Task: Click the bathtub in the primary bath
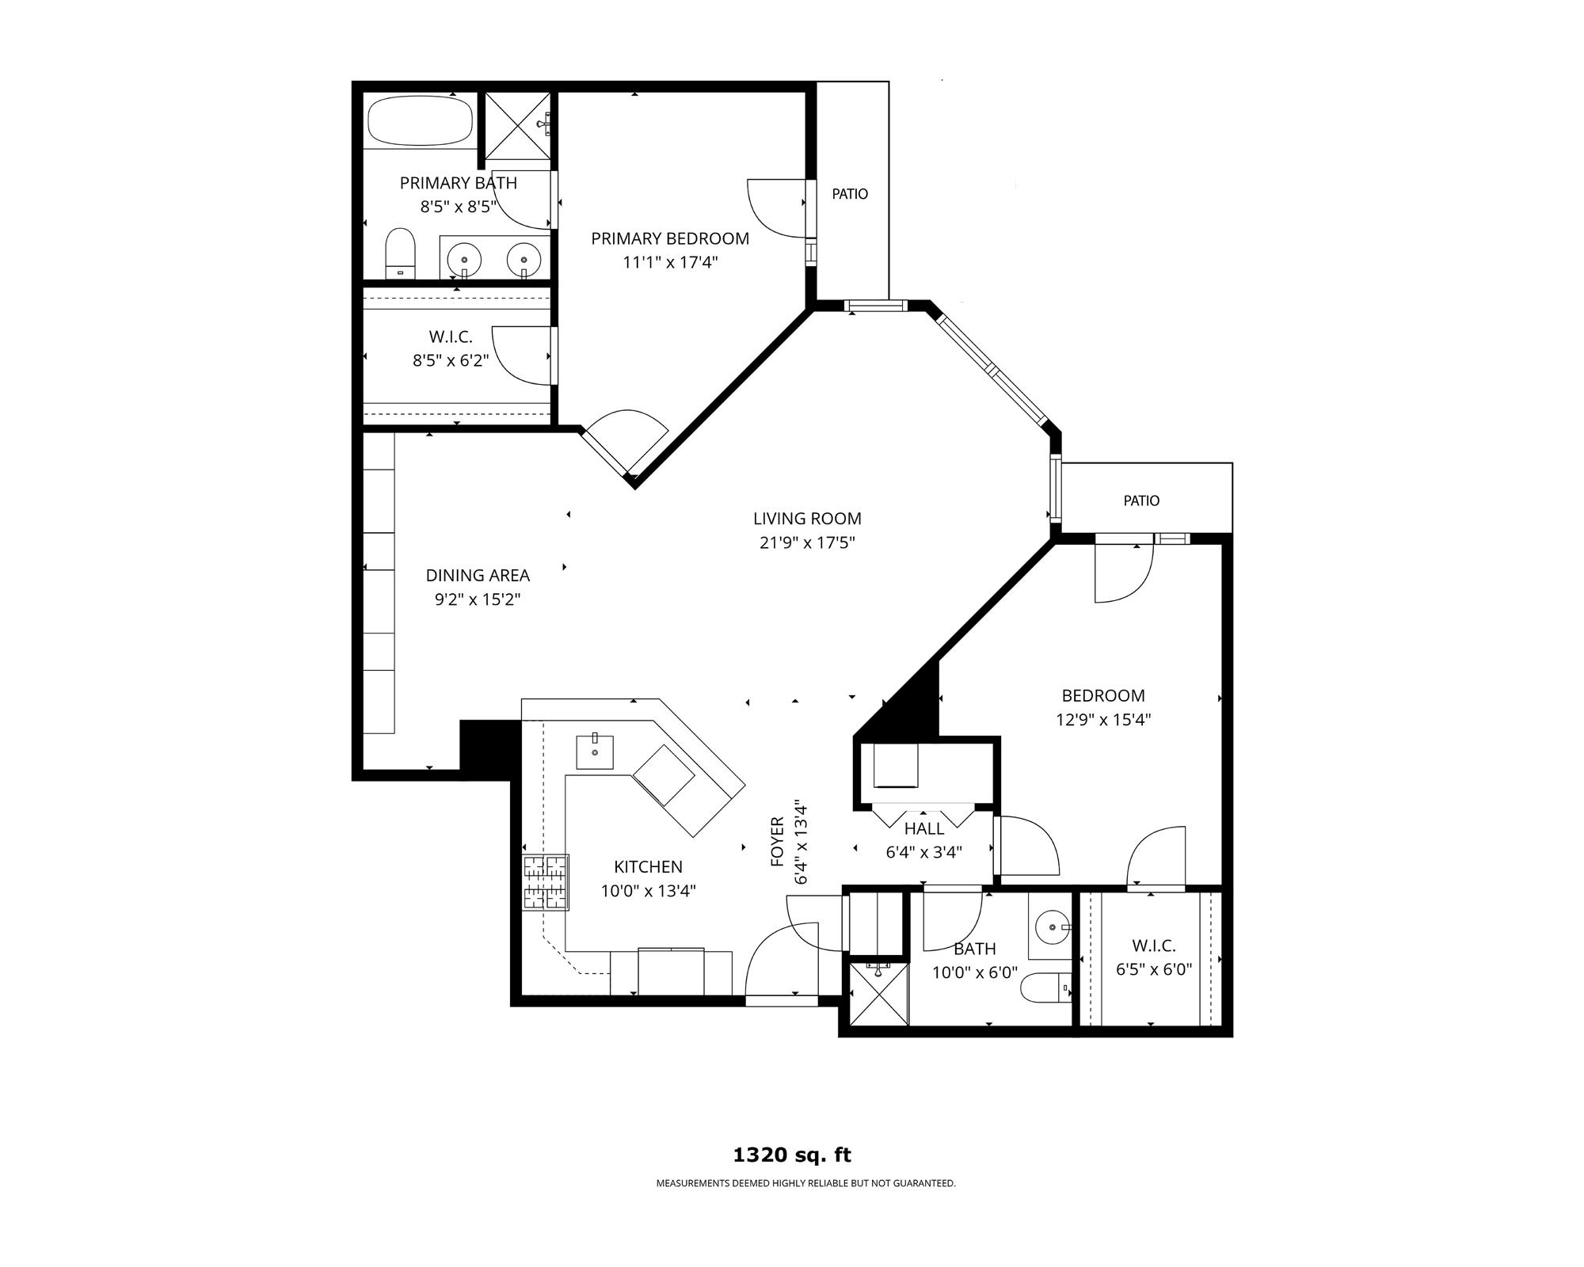421,120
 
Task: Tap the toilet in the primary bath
401,253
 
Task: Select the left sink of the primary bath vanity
464,258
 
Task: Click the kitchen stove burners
546,882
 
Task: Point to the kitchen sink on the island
594,751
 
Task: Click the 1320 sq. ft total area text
792,1155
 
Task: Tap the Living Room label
807,519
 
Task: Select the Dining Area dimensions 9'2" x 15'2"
477,599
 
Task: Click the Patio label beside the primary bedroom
850,194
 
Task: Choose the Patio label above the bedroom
1141,500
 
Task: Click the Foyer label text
777,841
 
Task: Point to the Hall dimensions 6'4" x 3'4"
924,853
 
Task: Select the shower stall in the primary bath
517,125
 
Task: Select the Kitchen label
648,867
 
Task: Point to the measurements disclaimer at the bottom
805,1184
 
